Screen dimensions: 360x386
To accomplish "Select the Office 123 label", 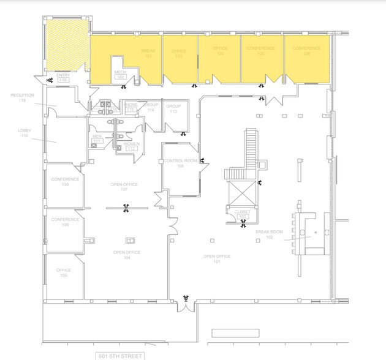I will [178, 53].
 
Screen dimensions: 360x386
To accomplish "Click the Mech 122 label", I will [120, 74].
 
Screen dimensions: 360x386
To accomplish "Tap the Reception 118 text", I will [23, 98].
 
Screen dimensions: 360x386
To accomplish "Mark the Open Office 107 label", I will [124, 187].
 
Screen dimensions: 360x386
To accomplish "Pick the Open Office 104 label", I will [127, 255].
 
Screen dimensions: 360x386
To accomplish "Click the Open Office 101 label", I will [216, 258].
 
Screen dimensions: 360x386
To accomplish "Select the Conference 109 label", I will [65, 181].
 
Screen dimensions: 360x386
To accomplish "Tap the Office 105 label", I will [64, 272].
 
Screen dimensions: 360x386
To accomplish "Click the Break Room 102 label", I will [269, 234].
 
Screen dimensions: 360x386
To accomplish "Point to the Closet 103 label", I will [243, 214].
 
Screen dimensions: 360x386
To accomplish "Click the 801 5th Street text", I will [120, 356].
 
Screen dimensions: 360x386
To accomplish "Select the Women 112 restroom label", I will [132, 146].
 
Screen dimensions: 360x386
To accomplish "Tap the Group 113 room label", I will [173, 108].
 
